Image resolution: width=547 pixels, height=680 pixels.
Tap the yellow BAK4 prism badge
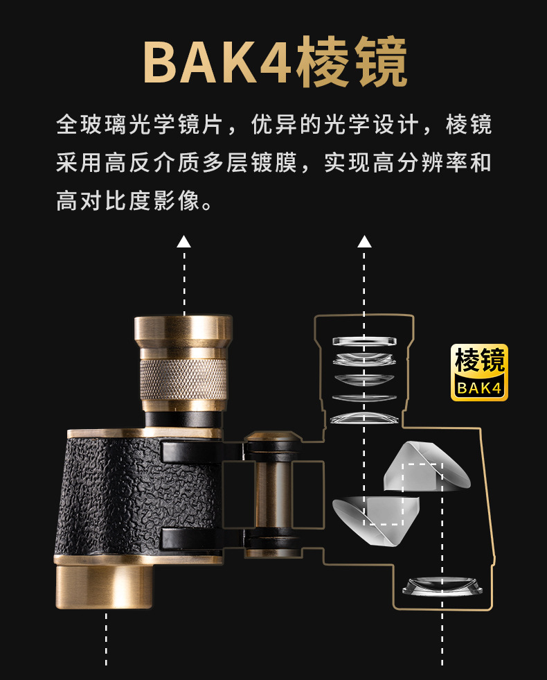pyautogui.click(x=479, y=372)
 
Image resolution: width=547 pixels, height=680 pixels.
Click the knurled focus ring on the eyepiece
pyautogui.click(x=183, y=379)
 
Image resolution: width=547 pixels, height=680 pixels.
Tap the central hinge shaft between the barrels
pyautogui.click(x=273, y=494)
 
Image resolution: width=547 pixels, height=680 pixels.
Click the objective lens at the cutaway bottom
pyautogui.click(x=442, y=586)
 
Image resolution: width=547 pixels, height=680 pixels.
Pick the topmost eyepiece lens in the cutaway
pyautogui.click(x=364, y=341)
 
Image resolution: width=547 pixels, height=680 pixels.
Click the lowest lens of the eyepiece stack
pyautogui.click(x=364, y=418)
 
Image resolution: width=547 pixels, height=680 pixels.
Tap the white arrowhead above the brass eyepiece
pyautogui.click(x=183, y=241)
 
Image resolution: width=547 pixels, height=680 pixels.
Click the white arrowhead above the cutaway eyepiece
pyautogui.click(x=364, y=241)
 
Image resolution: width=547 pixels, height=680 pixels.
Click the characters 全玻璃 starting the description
pyautogui.click(x=91, y=125)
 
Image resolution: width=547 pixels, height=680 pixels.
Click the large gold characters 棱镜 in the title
pyautogui.click(x=351, y=62)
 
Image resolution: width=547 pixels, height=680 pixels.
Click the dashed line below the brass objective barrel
pyautogui.click(x=106, y=639)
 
